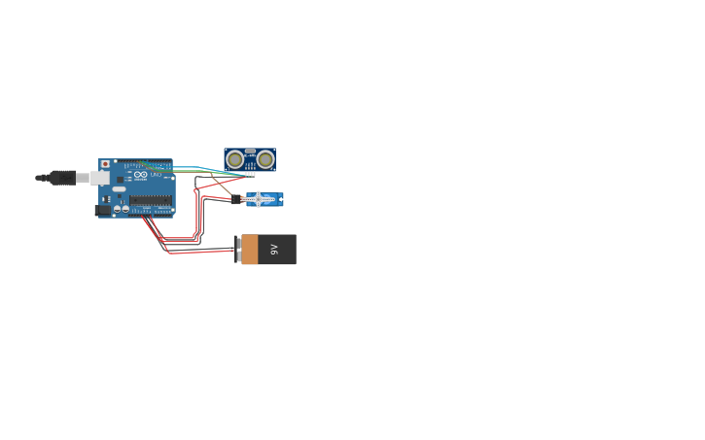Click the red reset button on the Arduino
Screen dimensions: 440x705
[105, 164]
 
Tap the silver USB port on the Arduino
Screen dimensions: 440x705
[100, 178]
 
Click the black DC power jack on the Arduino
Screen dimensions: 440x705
[102, 210]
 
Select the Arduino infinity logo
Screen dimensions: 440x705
[141, 175]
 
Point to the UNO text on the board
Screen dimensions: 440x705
[156, 175]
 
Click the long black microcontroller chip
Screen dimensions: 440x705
[151, 200]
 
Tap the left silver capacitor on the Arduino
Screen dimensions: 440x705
[118, 209]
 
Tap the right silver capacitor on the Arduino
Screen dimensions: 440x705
[125, 209]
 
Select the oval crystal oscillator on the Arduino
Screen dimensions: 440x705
[119, 188]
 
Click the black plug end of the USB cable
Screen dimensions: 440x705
[61, 178]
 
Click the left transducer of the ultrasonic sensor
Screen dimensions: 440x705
[235, 159]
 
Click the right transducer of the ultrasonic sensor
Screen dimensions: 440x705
[265, 159]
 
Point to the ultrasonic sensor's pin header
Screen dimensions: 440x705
[250, 174]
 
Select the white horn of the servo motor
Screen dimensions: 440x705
[259, 199]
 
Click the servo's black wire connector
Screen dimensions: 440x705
[236, 199]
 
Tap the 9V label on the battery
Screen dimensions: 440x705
[274, 250]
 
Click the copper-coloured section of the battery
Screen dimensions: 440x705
[250, 250]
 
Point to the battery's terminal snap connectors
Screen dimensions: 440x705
[237, 250]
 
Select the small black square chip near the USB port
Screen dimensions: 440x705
[121, 180]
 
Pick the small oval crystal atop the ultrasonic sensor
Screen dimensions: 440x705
[250, 152]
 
